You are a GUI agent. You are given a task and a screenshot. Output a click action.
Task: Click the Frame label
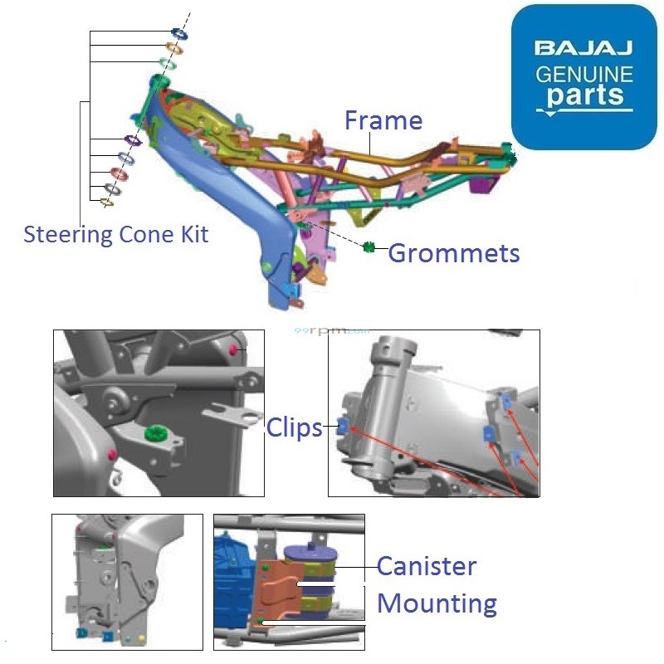point(383,120)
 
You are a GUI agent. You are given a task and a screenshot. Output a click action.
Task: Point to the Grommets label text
point(454,252)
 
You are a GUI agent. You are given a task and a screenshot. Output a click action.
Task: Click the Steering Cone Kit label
point(115,234)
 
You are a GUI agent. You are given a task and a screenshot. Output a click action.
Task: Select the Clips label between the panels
point(294,427)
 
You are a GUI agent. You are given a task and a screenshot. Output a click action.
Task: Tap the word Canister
point(427,567)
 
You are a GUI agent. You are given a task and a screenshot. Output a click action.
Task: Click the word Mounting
point(437,603)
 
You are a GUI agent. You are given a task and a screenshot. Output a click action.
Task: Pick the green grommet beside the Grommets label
point(370,247)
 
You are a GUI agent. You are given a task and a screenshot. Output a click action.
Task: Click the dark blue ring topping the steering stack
point(178,33)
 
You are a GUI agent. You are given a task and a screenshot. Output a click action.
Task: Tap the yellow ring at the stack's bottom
point(106,202)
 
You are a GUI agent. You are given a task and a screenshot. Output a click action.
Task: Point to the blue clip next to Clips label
point(342,427)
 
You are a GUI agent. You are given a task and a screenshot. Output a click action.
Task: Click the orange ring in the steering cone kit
point(174,48)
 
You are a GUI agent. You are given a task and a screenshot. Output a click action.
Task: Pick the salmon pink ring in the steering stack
point(119,173)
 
